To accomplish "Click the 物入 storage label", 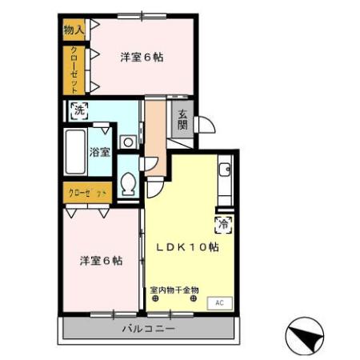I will (74, 30).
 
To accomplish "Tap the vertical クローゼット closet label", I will (74, 70).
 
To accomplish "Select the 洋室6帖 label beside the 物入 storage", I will (142, 57).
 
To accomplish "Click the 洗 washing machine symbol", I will (78, 112).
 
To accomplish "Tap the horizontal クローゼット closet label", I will (87, 193).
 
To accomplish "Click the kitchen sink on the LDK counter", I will (226, 170).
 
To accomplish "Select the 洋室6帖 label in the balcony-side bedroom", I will (101, 261).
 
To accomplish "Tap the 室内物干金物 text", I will (174, 290).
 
